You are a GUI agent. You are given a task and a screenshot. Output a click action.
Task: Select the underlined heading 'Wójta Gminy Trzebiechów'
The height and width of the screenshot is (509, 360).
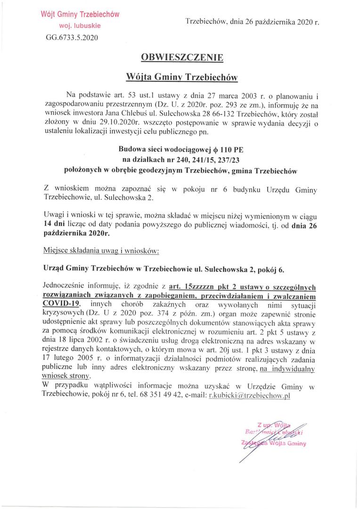tap(182, 76)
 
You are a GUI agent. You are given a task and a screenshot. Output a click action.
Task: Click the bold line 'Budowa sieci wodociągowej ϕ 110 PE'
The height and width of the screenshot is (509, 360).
tap(181, 150)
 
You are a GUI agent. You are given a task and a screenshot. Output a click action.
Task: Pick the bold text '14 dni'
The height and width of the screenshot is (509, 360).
tap(54, 224)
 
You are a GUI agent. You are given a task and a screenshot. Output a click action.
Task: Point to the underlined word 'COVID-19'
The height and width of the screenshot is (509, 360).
tap(61, 304)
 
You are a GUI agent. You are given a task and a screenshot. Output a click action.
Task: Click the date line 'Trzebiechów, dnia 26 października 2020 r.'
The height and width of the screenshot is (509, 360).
tap(252, 22)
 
